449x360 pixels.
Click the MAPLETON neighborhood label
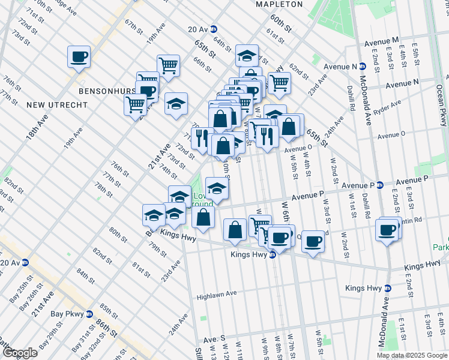click(279, 4)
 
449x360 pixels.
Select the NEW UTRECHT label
click(56, 105)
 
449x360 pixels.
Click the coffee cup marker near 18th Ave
click(78, 57)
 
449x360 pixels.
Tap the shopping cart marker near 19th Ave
click(168, 65)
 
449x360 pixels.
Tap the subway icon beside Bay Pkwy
click(89, 314)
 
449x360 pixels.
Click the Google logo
click(19, 352)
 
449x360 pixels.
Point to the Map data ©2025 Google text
click(412, 355)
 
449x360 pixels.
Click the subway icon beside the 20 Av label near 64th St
click(214, 29)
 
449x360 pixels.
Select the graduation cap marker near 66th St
click(246, 56)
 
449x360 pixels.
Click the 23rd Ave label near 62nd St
click(316, 83)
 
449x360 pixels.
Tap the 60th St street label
click(280, 23)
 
